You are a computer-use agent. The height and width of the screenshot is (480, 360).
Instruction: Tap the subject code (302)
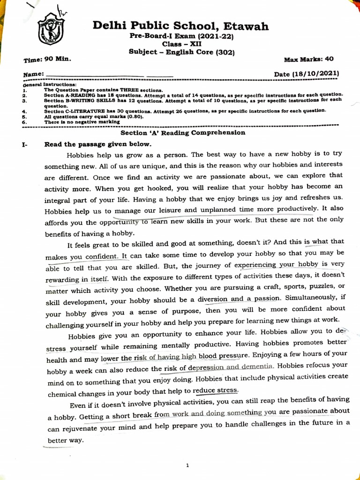pos(225,52)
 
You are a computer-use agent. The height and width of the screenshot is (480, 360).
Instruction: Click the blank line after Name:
pos(94,75)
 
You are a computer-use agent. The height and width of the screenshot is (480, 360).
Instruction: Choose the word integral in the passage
pos(59,200)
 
